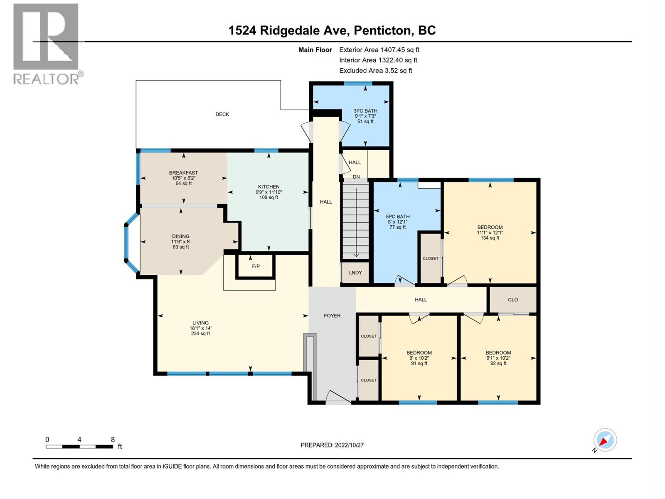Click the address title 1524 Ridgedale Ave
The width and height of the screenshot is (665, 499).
pyautogui.click(x=332, y=30)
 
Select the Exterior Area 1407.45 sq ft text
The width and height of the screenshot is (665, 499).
pyautogui.click(x=379, y=49)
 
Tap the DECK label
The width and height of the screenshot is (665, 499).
pyautogui.click(x=222, y=114)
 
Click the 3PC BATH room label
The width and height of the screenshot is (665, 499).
pyautogui.click(x=365, y=111)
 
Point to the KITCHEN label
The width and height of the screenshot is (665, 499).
pyautogui.click(x=268, y=187)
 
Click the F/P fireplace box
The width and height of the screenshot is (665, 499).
pyautogui.click(x=256, y=266)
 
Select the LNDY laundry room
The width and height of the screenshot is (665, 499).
pyautogui.click(x=355, y=273)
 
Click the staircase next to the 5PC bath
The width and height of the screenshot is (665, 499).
pyautogui.click(x=355, y=220)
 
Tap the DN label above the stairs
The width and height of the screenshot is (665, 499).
pyautogui.click(x=356, y=177)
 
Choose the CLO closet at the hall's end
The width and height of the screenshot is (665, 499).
pyautogui.click(x=512, y=299)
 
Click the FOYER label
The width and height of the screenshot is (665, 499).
pyautogui.click(x=332, y=316)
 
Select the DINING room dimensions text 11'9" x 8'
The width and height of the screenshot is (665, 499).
pyautogui.click(x=180, y=242)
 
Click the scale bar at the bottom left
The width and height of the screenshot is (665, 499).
pyautogui.click(x=79, y=447)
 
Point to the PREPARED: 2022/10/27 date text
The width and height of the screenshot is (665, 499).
pyautogui.click(x=332, y=445)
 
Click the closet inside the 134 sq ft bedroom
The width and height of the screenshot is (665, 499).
pyautogui.click(x=430, y=258)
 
